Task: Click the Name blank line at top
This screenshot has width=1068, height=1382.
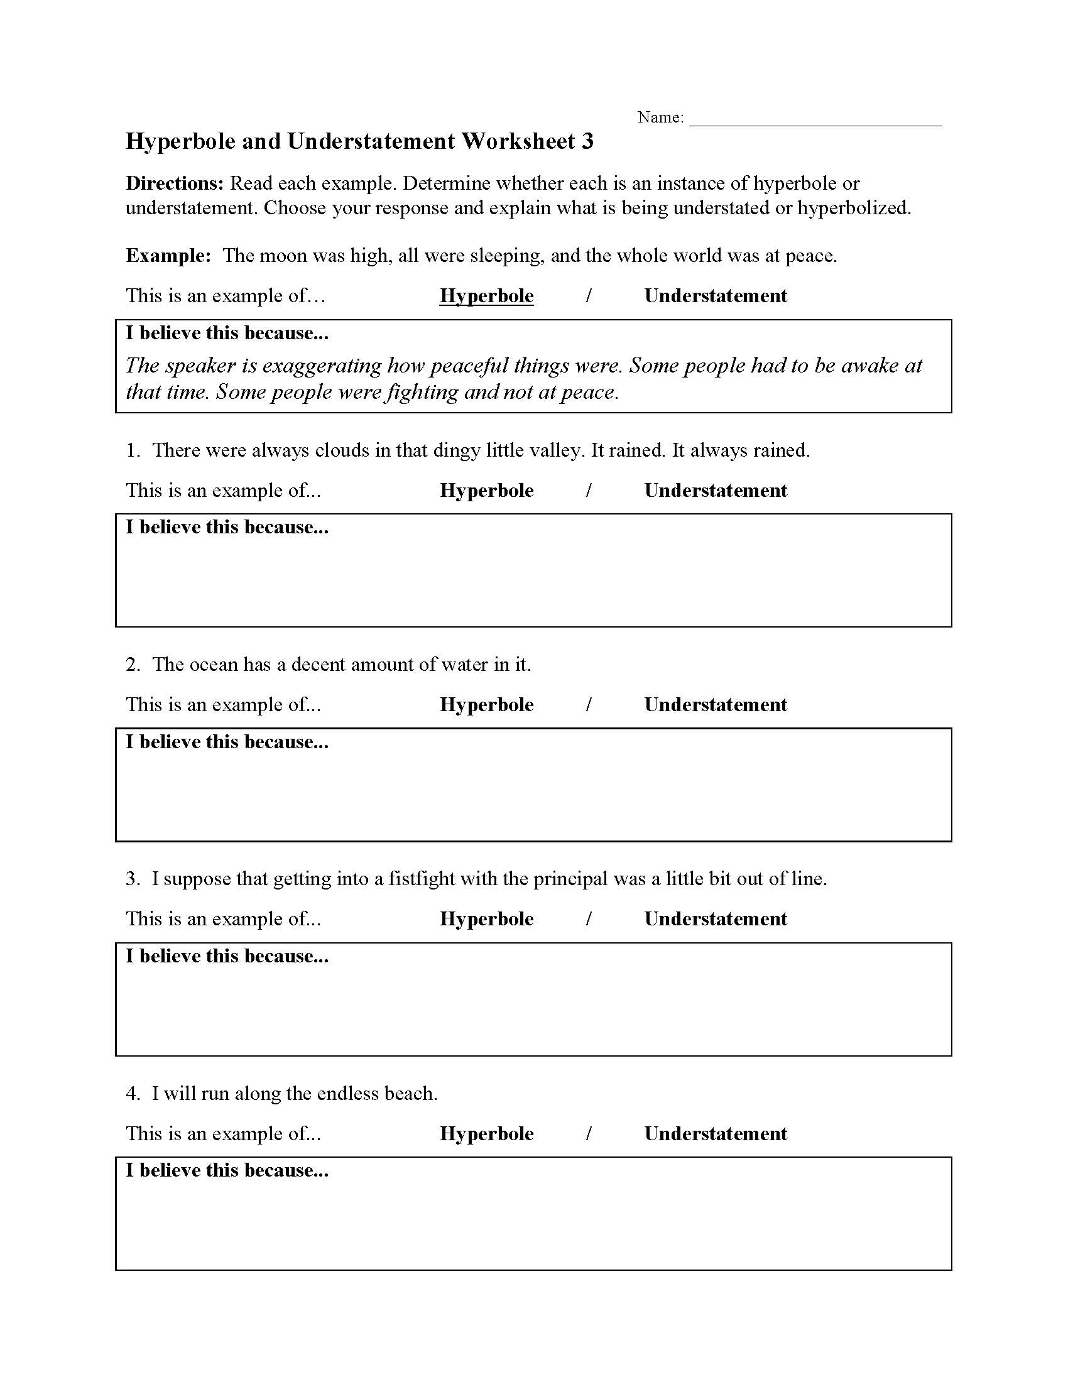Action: [x=815, y=120]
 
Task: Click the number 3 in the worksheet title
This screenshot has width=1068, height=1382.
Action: [x=587, y=141]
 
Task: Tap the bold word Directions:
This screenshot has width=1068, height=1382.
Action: [x=175, y=183]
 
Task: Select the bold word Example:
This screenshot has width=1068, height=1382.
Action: [x=168, y=256]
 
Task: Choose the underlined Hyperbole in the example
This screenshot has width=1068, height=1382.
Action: [x=486, y=296]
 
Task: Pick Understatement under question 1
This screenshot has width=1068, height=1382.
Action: [x=716, y=491]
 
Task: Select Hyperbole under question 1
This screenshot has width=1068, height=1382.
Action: [x=486, y=491]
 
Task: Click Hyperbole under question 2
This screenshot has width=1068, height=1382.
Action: [x=486, y=705]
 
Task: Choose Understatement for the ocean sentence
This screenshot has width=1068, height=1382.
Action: [x=716, y=705]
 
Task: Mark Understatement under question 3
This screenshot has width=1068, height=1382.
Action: [x=716, y=919]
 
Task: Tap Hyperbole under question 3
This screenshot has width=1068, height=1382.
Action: [x=486, y=919]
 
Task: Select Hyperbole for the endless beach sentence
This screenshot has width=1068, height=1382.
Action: [x=486, y=1133]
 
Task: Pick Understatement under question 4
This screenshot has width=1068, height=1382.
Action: [x=716, y=1133]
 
